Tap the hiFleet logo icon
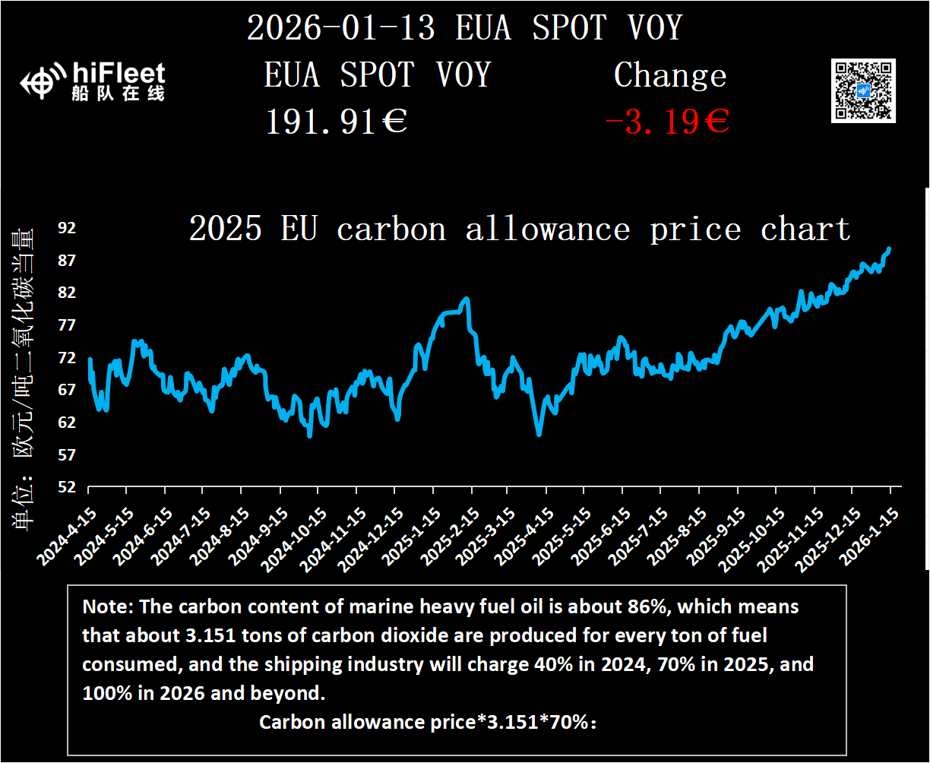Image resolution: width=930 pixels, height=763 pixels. [40, 83]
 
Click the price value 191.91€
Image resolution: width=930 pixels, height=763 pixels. [336, 122]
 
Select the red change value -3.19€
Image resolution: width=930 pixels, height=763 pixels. [666, 122]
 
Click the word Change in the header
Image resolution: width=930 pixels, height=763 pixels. [669, 75]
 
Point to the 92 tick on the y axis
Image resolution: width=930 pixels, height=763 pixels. [68, 228]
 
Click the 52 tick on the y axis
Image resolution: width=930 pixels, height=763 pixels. [68, 487]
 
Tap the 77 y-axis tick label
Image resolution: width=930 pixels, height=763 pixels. [68, 325]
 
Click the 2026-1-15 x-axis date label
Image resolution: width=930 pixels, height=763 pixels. [868, 537]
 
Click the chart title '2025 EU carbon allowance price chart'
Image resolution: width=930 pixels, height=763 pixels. [519, 229]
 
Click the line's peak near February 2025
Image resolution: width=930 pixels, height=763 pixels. [466, 299]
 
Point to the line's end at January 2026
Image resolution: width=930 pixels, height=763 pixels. [889, 249]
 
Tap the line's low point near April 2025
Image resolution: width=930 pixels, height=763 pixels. [539, 434]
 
